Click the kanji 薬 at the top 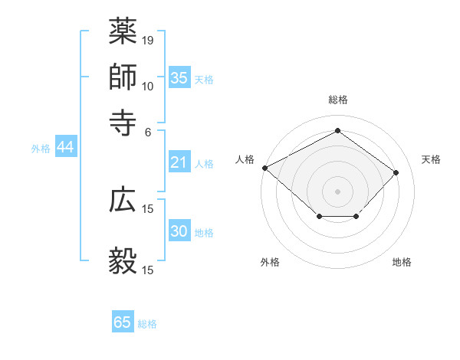123,31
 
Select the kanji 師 123,77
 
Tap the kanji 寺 123,121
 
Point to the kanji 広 123,200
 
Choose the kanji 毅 123,260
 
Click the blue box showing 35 179,78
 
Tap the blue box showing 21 179,162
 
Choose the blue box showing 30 179,231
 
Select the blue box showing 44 65,148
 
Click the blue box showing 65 123,322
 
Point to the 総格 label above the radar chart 338,100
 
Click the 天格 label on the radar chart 431,159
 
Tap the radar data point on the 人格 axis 264,168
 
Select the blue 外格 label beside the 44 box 41,149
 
